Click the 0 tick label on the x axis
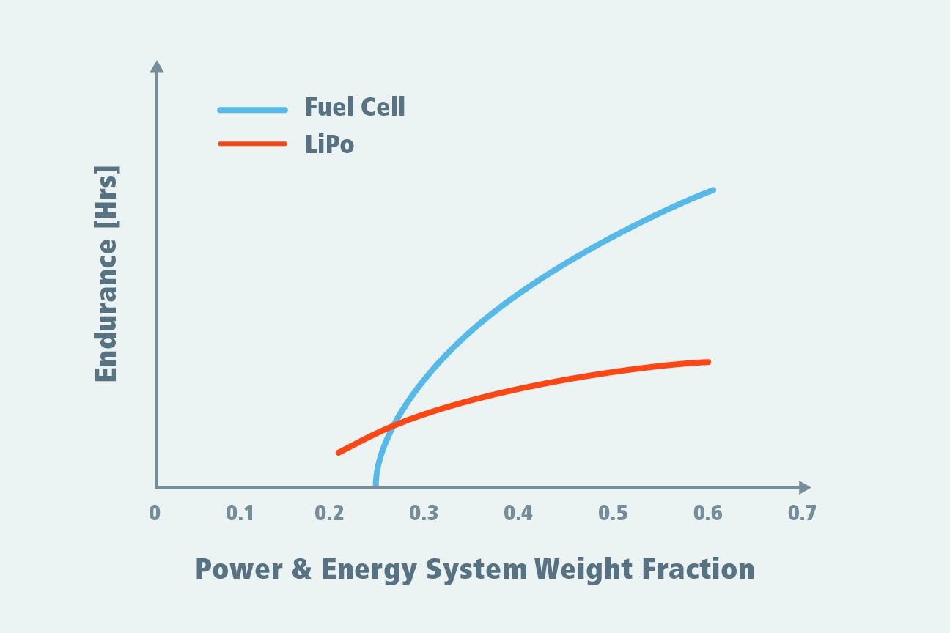155,513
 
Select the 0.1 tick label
240,513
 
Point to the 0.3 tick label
424,513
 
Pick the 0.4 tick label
518,513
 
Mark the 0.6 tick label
707,513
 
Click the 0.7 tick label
802,513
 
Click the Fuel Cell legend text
355,108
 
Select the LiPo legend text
329,144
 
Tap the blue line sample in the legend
252,110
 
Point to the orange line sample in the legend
252,144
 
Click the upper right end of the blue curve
712,190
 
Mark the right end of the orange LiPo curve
708,362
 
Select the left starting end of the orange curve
339,453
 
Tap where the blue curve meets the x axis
376,485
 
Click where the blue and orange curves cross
392,426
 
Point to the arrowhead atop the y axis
156,67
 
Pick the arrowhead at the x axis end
804,487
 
